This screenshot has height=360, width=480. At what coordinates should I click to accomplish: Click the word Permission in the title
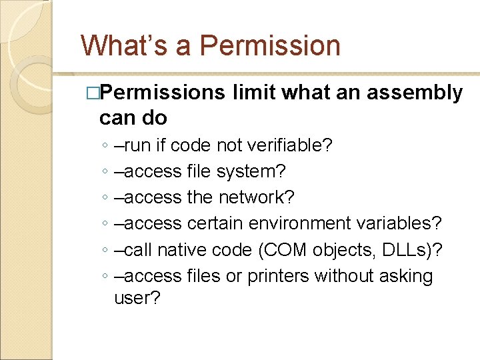(x=270, y=46)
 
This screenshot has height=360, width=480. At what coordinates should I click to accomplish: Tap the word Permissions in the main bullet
(x=163, y=93)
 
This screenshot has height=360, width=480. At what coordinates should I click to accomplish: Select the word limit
(x=255, y=93)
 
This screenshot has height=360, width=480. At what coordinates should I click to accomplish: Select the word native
(x=182, y=249)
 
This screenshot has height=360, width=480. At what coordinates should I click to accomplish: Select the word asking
(x=407, y=276)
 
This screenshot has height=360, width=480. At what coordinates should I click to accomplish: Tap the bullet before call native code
(x=107, y=250)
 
